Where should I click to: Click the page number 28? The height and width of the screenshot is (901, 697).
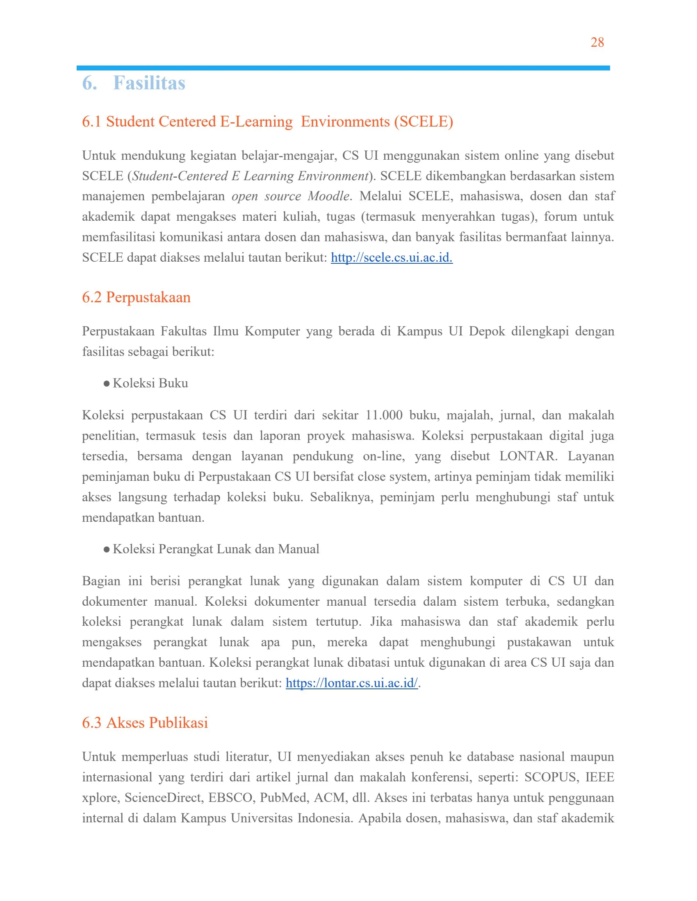[x=597, y=42]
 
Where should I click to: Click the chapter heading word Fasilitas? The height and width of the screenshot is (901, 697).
[x=149, y=83]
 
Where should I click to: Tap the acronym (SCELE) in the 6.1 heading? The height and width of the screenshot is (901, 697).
[x=423, y=122]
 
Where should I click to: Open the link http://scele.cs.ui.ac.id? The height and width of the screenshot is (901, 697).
[x=392, y=258]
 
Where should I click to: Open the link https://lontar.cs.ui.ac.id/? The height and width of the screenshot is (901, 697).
[x=351, y=683]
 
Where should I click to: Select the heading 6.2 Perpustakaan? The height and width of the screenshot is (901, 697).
[x=136, y=297]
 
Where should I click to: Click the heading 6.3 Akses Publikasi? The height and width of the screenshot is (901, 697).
[x=144, y=722]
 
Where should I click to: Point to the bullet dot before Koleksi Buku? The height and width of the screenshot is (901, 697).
[x=107, y=384]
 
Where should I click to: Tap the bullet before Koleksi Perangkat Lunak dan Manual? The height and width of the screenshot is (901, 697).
[x=107, y=550]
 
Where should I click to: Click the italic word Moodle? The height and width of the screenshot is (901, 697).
[x=329, y=196]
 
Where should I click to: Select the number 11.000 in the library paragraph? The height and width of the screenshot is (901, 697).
[x=384, y=415]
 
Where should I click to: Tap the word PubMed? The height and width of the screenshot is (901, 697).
[x=284, y=797]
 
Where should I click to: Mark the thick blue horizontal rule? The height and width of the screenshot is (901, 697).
[x=343, y=68]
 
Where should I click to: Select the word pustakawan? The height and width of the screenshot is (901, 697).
[x=539, y=642]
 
